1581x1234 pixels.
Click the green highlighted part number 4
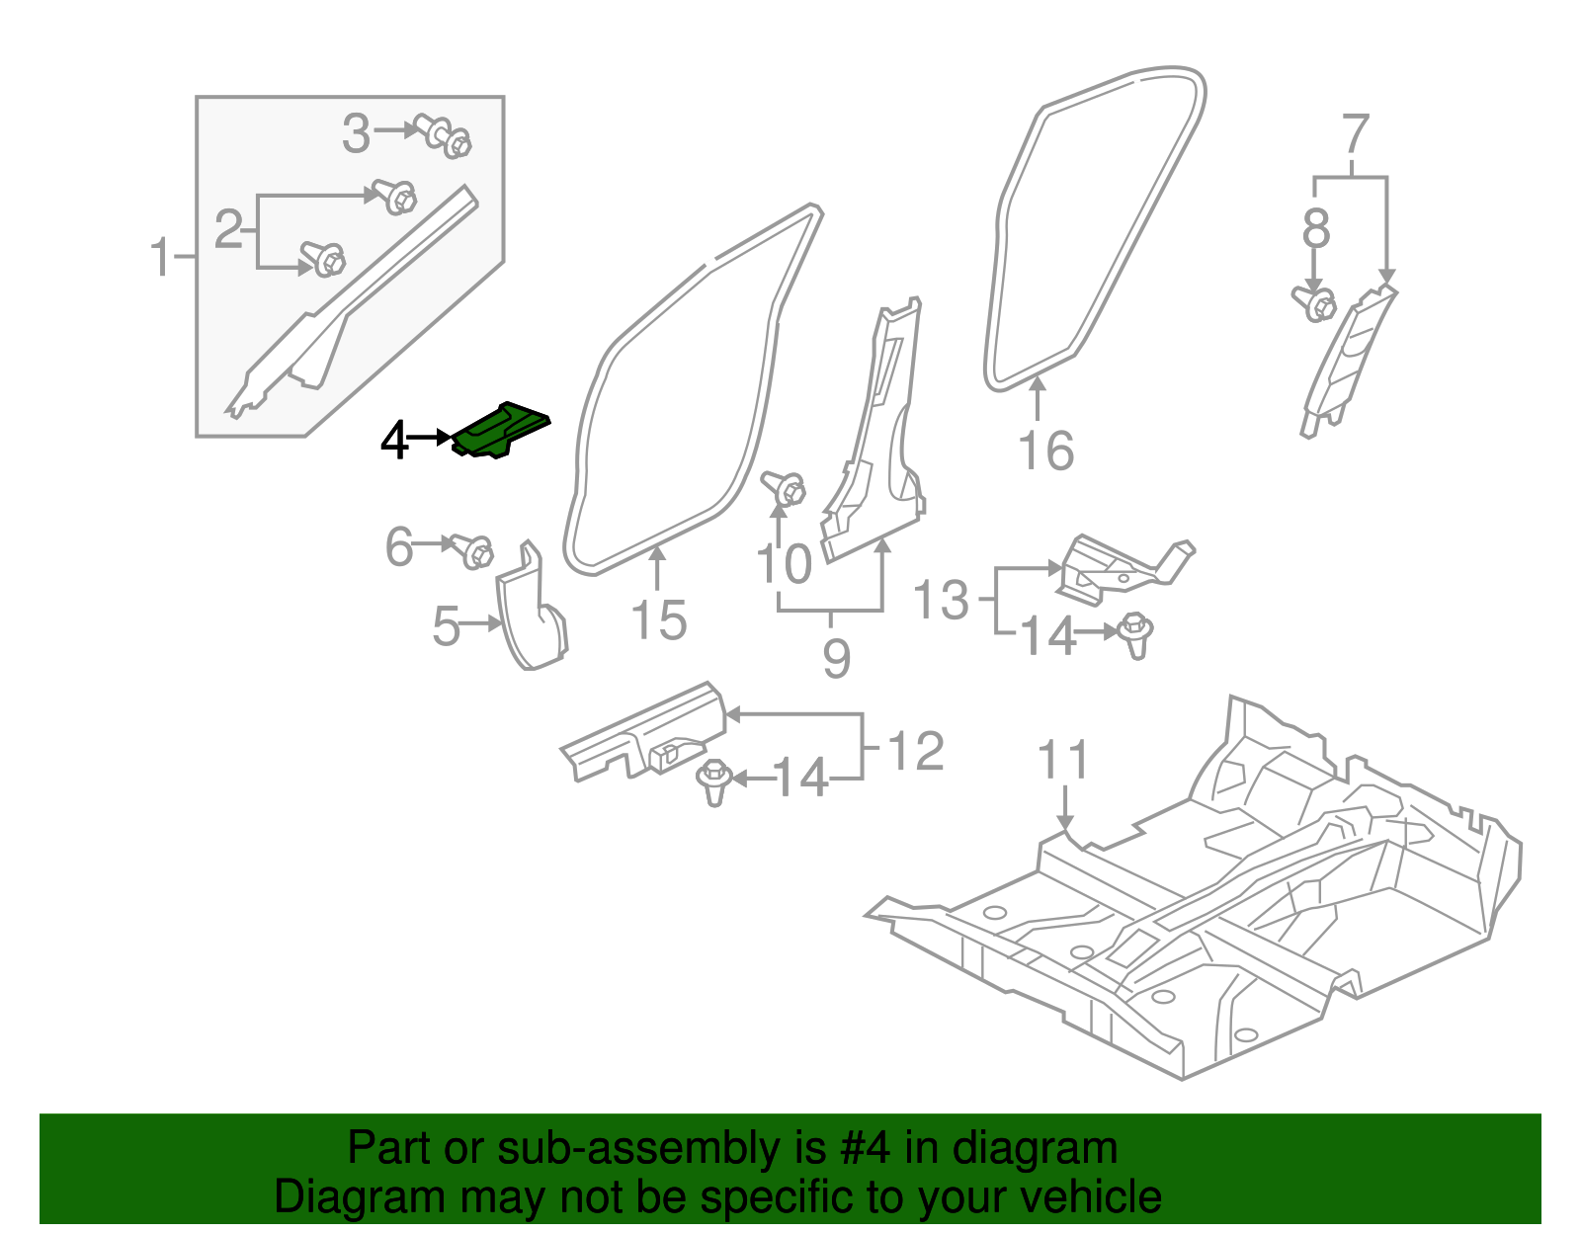500,431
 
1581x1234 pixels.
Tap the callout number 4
394,440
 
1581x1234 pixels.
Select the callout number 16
1045,452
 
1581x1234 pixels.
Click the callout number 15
658,621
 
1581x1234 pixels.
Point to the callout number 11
1063,761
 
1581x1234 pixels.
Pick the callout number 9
836,659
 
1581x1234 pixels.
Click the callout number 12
916,752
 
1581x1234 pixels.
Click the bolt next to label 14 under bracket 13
1136,634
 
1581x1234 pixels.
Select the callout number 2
228,230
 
